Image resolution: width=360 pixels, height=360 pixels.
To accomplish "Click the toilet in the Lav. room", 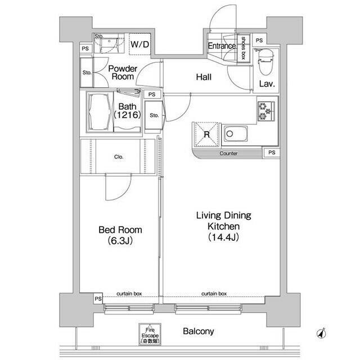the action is pos(265,62).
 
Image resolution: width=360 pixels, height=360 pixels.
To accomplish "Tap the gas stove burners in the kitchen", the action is pos(266,111).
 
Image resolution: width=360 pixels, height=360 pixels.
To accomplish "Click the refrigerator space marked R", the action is pos(206,134).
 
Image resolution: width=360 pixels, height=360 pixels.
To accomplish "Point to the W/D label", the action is pos(140,44).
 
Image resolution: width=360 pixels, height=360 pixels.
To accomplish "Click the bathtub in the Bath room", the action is pos(100,112).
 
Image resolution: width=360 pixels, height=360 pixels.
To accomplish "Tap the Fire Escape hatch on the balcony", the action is pos(150,334).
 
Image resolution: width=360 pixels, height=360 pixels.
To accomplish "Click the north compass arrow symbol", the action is pos(322,333).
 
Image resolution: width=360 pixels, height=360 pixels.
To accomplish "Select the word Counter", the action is pos(228,154).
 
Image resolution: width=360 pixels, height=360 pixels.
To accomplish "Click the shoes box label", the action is pos(244,48).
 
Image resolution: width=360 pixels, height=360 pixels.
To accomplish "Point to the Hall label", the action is pos(204,77).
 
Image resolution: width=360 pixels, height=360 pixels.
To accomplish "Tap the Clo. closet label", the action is pos(119,157).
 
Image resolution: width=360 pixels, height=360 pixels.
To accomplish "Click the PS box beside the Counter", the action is pos(272,152).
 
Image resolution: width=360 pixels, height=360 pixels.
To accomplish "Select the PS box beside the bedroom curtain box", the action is pos(98,299).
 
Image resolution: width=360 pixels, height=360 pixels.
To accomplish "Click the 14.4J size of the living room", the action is pos(223,237).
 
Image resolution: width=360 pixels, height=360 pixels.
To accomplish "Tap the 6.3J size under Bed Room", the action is pos(120,241).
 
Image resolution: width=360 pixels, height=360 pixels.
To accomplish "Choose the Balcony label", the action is pos(199,331).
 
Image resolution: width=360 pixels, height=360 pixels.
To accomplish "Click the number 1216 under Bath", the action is pos(127,115).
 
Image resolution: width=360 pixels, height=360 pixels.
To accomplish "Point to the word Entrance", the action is pos(222,46).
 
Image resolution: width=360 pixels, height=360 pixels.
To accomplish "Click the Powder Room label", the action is pos(123,73).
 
